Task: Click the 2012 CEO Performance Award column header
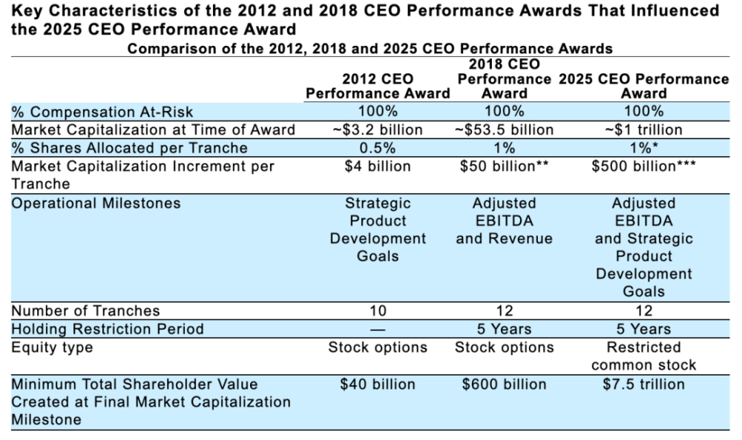(x=378, y=86)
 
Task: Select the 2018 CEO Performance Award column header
(x=504, y=79)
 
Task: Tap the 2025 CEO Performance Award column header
(x=643, y=86)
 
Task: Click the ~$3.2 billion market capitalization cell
(x=378, y=130)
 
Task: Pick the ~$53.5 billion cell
(x=504, y=130)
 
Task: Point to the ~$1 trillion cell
(x=643, y=130)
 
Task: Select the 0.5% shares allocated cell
(x=378, y=148)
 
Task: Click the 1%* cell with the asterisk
(x=643, y=148)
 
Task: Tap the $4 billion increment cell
(x=378, y=167)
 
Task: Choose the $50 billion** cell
(x=504, y=167)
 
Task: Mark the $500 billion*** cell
(x=643, y=167)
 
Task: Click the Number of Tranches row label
(x=85, y=311)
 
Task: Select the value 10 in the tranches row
(x=378, y=311)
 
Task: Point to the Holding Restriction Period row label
(x=108, y=329)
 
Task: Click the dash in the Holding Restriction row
(x=378, y=330)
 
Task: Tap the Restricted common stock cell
(x=643, y=356)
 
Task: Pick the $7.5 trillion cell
(x=643, y=384)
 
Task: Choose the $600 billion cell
(x=504, y=384)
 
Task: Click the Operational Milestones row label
(x=96, y=203)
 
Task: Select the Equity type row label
(x=52, y=348)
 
